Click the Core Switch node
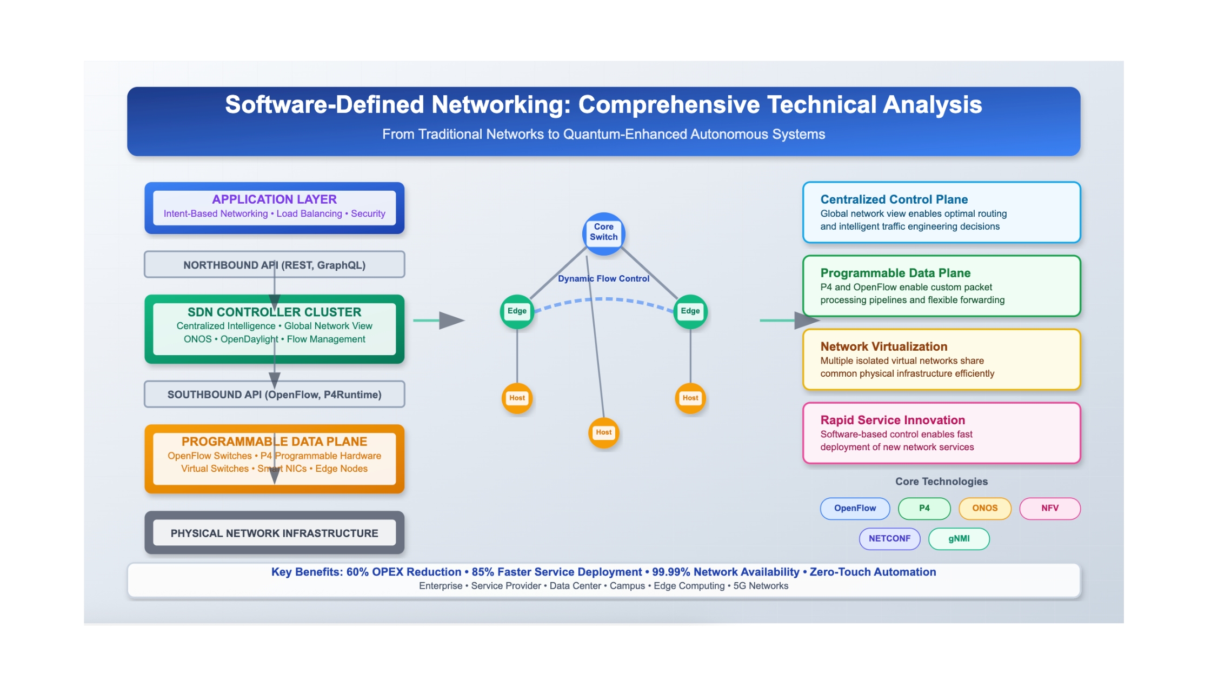pos(603,233)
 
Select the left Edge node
pos(517,311)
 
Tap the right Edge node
pos(690,311)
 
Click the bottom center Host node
pos(603,432)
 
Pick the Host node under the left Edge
pos(517,398)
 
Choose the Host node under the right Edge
pos(690,398)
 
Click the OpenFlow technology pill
pos(855,508)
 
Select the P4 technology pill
pos(924,508)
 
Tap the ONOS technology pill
pos(984,508)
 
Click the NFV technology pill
pos(1049,508)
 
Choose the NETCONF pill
pos(889,538)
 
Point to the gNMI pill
pos(959,538)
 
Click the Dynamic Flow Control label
pos(603,278)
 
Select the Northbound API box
pos(274,264)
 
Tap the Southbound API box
pos(274,394)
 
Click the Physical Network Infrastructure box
pos(274,533)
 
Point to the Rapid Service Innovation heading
pos(892,420)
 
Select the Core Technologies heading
pos(941,481)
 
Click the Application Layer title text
pos(274,199)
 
